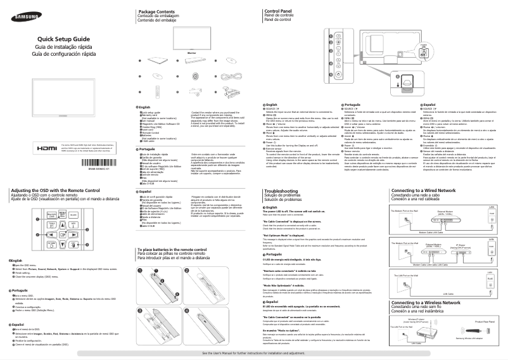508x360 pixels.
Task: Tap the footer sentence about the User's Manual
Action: click(x=253, y=352)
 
